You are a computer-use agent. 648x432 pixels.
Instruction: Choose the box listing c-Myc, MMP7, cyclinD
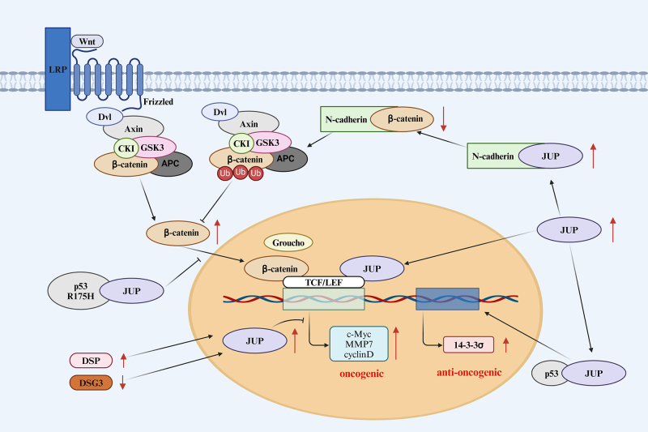point(356,343)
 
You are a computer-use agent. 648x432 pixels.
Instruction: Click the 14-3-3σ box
point(467,344)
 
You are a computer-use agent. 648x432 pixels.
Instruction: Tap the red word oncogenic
point(356,374)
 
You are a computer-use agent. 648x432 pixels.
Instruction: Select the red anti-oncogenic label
point(463,373)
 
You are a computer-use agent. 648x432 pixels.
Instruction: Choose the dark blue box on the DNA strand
point(446,298)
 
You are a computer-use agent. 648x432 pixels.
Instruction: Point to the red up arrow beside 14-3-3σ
point(505,344)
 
